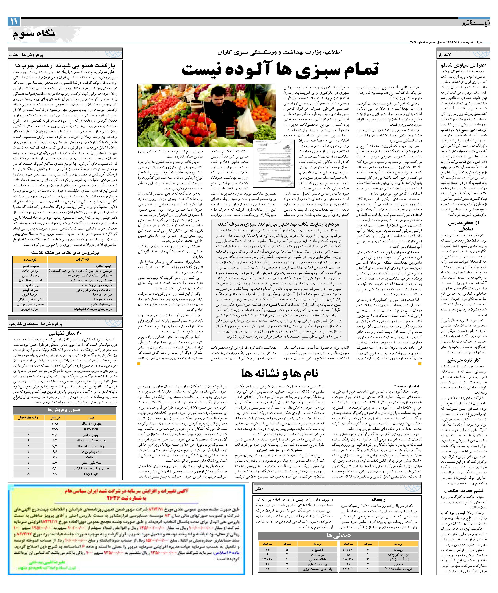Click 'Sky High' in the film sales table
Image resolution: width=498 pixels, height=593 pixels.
91,474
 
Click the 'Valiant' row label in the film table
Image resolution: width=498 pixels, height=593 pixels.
91,457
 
